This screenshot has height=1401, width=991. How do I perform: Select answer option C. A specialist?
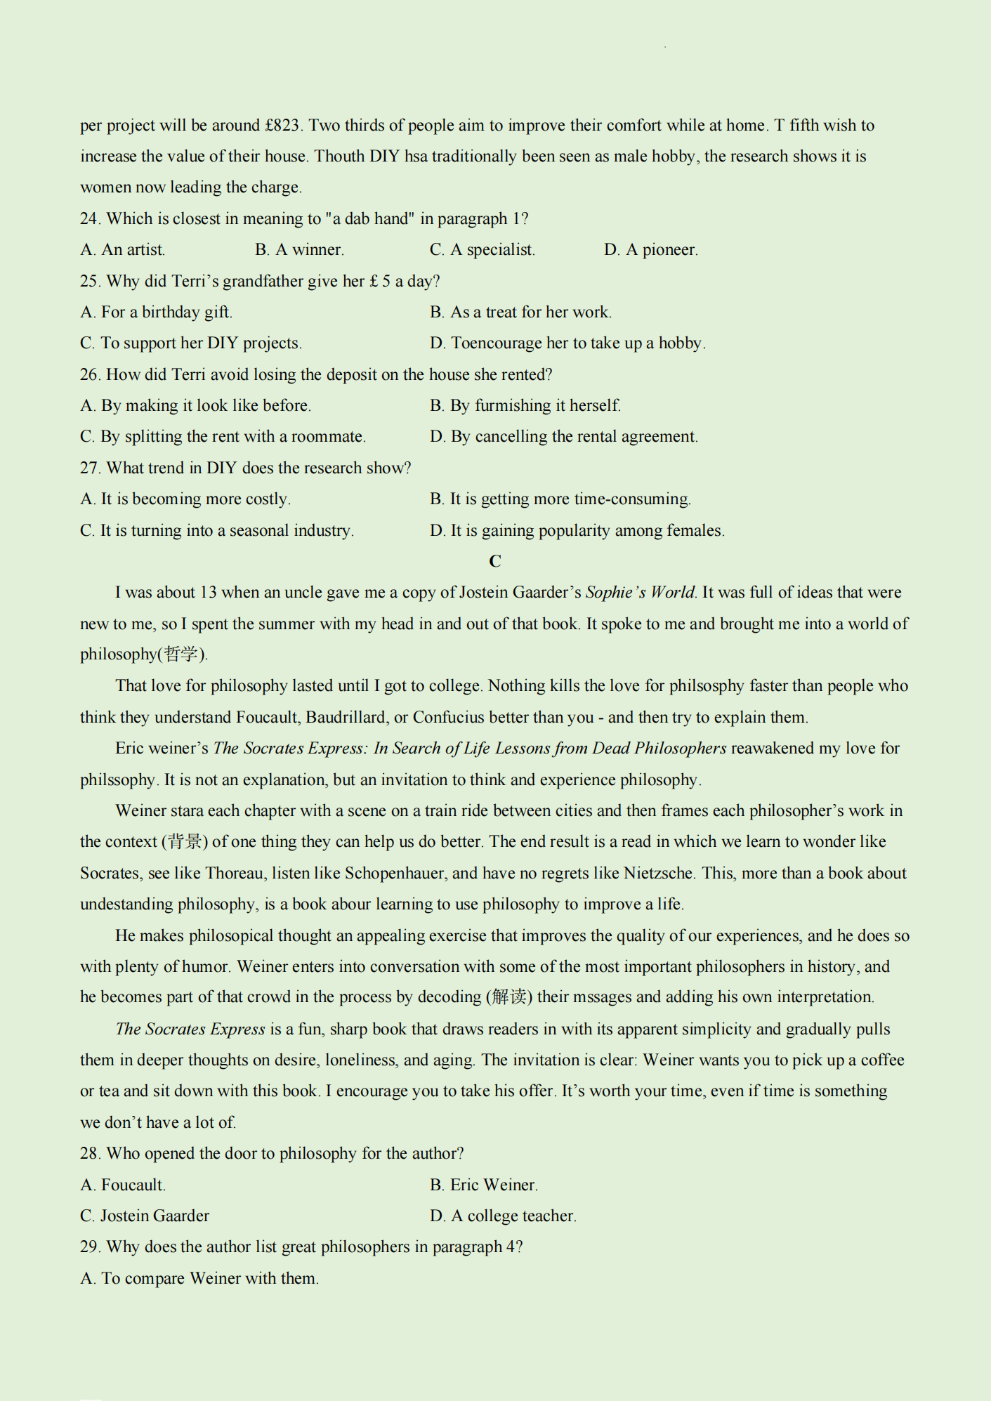[x=483, y=250]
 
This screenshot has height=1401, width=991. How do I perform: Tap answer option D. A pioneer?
[x=650, y=250]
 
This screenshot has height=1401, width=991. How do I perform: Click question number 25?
[x=90, y=282]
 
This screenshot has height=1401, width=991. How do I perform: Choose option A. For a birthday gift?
[x=156, y=313]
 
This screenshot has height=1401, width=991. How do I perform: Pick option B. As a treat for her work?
[x=520, y=313]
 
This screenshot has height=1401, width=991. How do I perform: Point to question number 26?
[x=90, y=375]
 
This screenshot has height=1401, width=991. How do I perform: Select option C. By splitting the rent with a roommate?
[x=223, y=437]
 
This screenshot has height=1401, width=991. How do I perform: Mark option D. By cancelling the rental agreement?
[x=563, y=437]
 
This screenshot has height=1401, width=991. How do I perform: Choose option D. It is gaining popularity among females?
[x=577, y=531]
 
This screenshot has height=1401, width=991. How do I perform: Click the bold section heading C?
[x=495, y=561]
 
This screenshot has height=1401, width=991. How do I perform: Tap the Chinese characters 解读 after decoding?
[x=509, y=997]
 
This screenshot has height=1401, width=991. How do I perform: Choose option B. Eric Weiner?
[x=484, y=1185]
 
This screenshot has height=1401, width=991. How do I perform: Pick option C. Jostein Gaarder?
[x=145, y=1216]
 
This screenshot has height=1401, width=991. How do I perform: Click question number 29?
[x=90, y=1247]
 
